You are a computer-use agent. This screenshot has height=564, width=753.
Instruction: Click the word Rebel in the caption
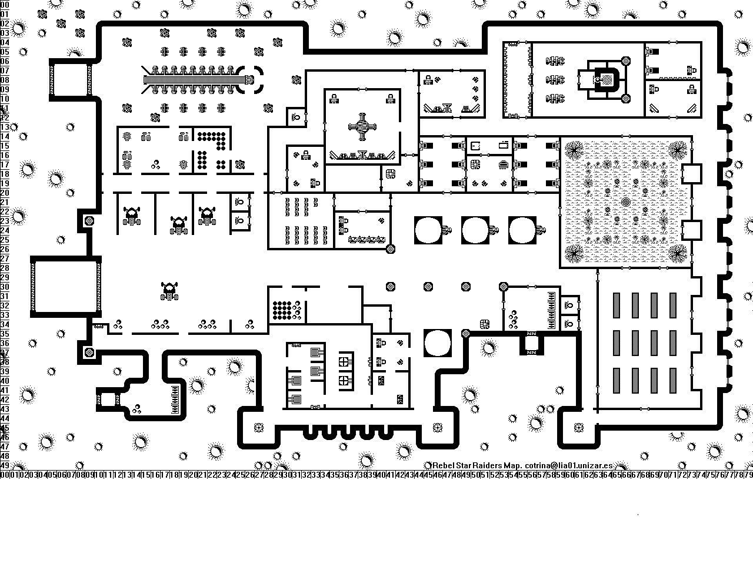pos(444,465)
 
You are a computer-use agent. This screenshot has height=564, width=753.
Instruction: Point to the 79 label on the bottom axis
pos(748,474)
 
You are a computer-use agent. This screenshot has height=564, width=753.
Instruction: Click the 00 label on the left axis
pos(5,4)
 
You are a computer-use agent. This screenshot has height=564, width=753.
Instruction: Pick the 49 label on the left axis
pos(5,465)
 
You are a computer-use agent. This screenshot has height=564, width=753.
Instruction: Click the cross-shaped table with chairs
pos(362,127)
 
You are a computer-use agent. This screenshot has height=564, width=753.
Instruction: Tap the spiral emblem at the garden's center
pos(625,202)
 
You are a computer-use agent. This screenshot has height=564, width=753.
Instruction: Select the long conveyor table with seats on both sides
pos(194,80)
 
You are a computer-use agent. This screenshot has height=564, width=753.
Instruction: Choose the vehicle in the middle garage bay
pos(178,224)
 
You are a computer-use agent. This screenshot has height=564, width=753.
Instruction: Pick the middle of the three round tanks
pos(475,230)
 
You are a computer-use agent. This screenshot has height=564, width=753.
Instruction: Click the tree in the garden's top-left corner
pos(574,150)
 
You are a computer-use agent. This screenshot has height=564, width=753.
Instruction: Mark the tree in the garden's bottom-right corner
pos(677,254)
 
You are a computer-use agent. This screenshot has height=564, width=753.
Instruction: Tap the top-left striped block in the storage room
pos(617,305)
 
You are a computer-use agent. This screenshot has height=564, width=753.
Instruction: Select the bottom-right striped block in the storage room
pos(672,381)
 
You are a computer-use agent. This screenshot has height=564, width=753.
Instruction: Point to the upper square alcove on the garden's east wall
pos(691,174)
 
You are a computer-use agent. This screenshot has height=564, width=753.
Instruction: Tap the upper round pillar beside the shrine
pos(625,61)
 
